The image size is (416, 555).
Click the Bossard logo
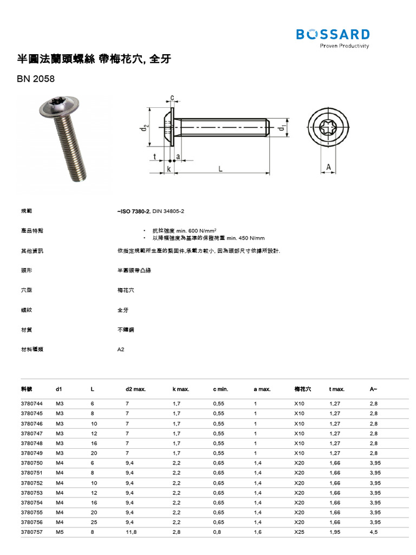pyautogui.click(x=333, y=35)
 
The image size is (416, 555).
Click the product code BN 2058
pyautogui.click(x=36, y=79)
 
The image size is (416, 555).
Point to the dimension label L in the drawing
pyautogui.click(x=221, y=169)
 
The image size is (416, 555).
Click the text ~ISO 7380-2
pyautogui.click(x=133, y=211)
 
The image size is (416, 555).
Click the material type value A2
pyautogui.click(x=121, y=349)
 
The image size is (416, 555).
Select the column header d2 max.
pyautogui.click(x=135, y=389)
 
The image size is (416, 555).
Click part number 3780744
pyautogui.click(x=31, y=404)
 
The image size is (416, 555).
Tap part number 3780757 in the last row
pyautogui.click(x=31, y=532)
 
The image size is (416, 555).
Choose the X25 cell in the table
pyautogui.click(x=299, y=532)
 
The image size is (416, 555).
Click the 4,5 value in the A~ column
pyautogui.click(x=373, y=532)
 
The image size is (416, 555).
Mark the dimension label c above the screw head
pyautogui.click(x=172, y=98)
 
